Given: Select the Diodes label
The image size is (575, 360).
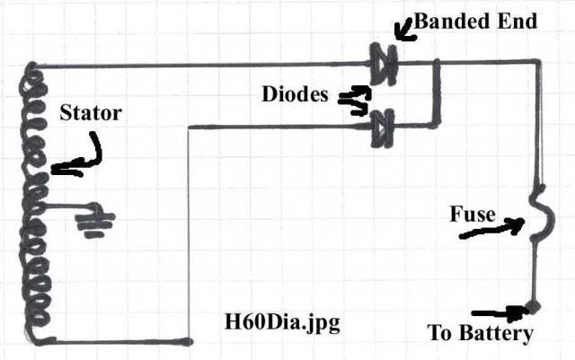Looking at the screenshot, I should click(295, 93).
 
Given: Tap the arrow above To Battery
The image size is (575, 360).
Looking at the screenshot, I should click(500, 313).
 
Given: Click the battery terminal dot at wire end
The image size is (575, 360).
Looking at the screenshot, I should click(534, 307).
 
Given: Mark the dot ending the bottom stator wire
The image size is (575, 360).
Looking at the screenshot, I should click(189, 341).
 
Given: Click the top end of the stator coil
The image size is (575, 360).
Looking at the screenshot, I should click(33, 68).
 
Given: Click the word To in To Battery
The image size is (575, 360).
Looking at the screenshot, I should click(440, 334).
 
